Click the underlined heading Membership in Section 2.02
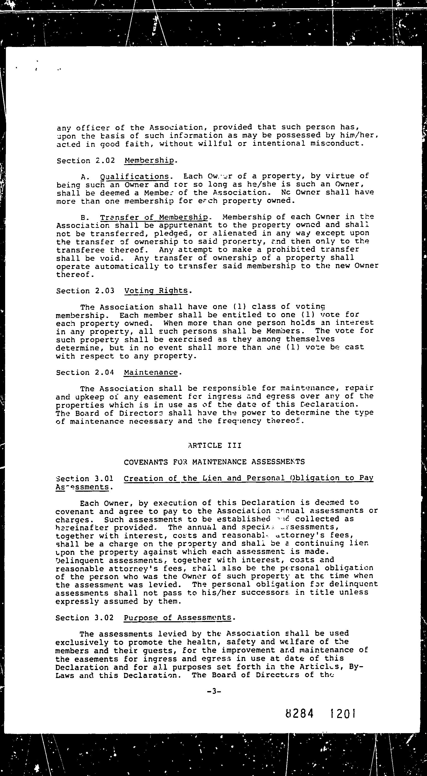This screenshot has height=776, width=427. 149,160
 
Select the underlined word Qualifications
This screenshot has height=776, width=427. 134,176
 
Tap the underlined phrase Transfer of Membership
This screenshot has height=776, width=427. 154,217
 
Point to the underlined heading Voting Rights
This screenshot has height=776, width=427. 156,291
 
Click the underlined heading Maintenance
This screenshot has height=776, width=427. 151,372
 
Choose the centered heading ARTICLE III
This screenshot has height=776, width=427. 214,445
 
